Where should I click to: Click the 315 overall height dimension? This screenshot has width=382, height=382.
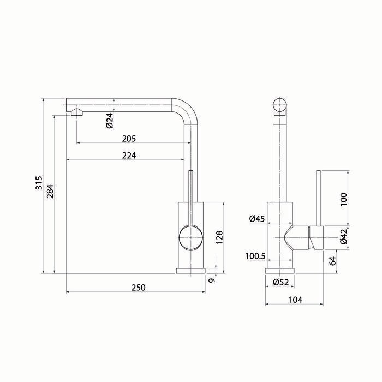point(39,182)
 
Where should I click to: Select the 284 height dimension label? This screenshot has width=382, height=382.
point(50,191)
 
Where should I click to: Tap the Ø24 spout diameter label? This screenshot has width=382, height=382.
point(110,121)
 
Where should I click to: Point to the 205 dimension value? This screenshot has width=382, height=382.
point(129,139)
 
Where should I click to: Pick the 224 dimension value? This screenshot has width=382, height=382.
point(129,156)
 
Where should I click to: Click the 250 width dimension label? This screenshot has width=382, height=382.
point(139,288)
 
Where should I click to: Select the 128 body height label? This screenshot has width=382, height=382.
point(219,237)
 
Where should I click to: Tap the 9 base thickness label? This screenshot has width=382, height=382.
point(212,280)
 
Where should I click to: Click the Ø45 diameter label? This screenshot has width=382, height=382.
point(257,219)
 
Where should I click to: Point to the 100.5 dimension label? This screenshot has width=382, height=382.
point(255,256)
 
